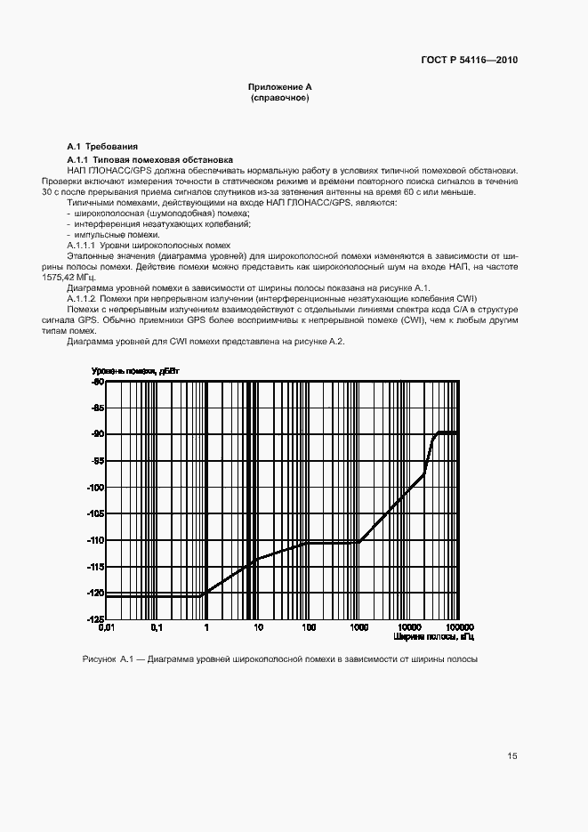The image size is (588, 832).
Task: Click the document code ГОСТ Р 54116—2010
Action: [469, 61]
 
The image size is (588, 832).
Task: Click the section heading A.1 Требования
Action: [103, 146]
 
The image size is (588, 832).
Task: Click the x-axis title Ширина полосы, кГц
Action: [433, 637]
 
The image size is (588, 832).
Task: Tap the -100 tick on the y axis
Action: [95, 488]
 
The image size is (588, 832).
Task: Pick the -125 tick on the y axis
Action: [95, 618]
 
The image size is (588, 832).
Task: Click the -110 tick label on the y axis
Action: [95, 540]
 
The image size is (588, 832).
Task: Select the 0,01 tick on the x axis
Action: [107, 627]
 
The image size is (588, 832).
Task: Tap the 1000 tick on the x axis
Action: [358, 627]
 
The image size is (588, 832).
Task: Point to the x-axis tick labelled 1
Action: [207, 627]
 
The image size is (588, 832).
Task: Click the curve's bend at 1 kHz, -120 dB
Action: [206, 594]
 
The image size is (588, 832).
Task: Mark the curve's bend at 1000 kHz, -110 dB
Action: [358, 541]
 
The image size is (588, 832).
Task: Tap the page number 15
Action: [511, 756]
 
